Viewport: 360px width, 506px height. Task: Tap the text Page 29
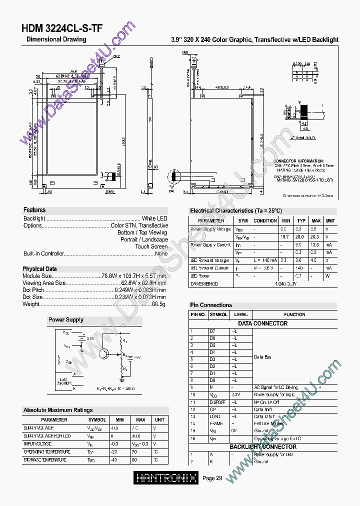pos(212,478)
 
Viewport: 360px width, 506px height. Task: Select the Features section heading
pos(34,210)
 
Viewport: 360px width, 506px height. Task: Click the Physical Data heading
pos(39,268)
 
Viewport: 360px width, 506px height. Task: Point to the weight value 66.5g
pos(158,304)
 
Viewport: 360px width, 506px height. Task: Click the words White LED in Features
pos(154,218)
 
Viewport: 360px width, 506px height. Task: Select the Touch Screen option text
pos(151,246)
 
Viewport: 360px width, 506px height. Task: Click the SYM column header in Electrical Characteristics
pos(242,220)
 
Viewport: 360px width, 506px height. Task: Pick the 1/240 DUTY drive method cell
pos(285,283)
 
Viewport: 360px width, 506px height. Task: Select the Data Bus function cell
pos(262,357)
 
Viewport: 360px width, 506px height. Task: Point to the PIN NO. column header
pos(198,314)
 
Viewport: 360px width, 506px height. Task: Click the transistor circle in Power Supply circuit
pos(104,354)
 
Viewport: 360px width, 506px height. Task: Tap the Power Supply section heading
pos(66,319)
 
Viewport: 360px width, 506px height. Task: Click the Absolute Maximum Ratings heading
pos(58,410)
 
